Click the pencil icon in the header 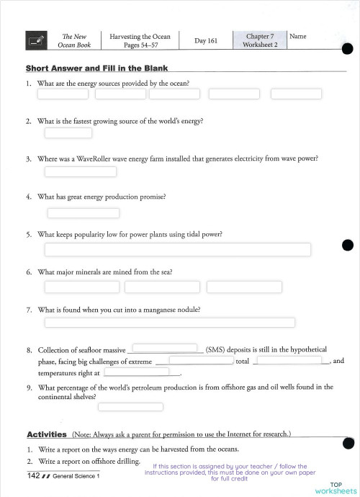pos(36,40)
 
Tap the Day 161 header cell pos(206,41)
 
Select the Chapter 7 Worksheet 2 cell pos(259,40)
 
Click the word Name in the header pos(297,36)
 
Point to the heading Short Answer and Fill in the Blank pos(96,68)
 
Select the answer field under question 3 pos(70,171)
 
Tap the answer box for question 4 pos(83,212)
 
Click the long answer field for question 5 pos(178,249)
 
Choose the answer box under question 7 pos(170,322)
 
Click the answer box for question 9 pos(130,406)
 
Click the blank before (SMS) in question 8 pos(166,348)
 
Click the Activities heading pos(47,434)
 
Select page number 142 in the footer pos(32,476)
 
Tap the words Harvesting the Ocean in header pos(140,36)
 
